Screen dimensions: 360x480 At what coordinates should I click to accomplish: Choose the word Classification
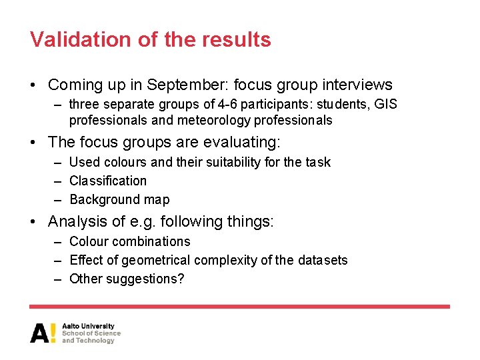point(108,181)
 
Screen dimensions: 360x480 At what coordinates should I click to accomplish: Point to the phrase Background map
point(119,199)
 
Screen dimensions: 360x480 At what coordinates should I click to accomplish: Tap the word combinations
point(151,241)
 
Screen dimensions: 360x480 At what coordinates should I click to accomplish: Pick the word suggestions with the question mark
point(142,279)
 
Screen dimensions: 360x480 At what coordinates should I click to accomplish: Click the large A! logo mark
point(43,333)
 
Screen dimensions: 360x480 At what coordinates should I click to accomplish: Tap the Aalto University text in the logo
point(88,327)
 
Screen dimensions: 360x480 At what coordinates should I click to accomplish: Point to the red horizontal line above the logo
point(240,307)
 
